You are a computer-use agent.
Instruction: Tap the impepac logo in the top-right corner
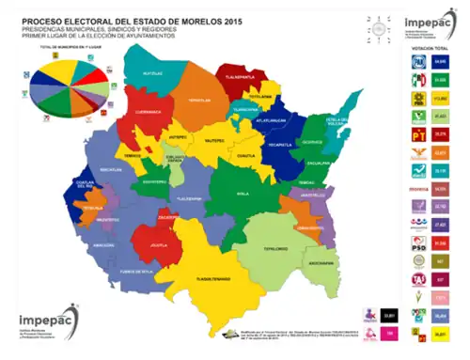(422, 23)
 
